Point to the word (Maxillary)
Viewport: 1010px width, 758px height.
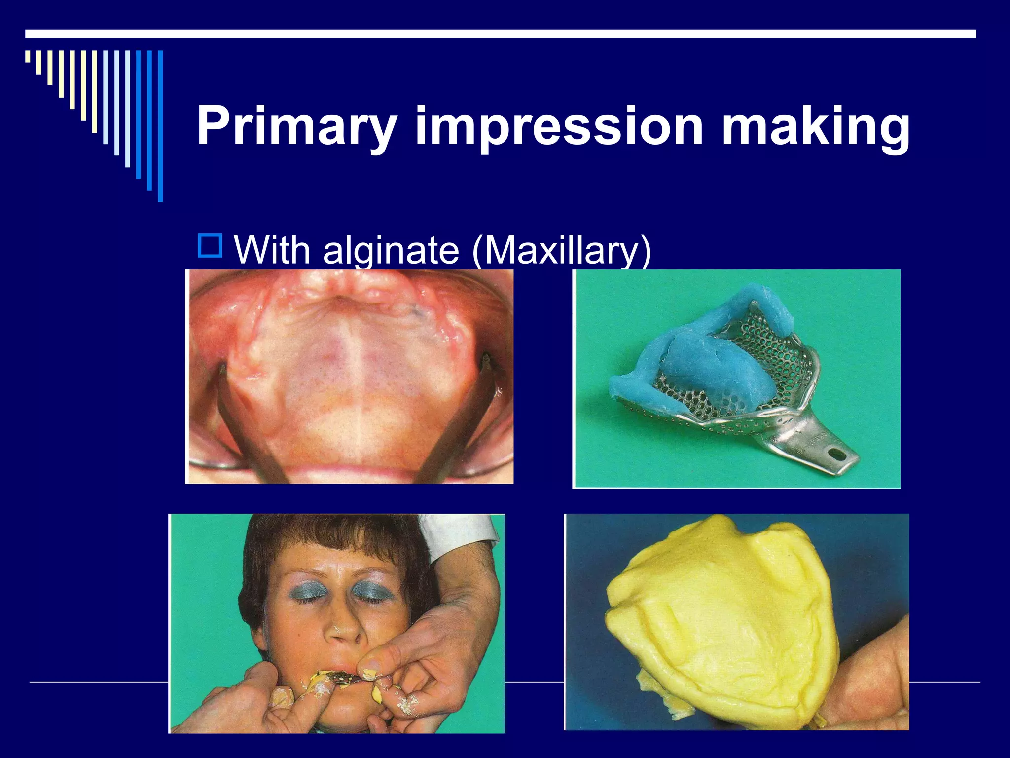[562, 251]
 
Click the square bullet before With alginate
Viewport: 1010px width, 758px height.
[210, 246]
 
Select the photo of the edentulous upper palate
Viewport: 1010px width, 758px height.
[349, 376]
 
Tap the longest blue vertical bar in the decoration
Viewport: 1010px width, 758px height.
[160, 126]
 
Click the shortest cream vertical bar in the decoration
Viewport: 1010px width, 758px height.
[28, 56]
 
